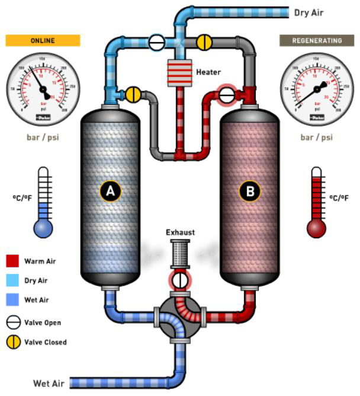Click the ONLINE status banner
(x=43, y=40)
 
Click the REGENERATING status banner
(x=316, y=40)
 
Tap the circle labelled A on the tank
(x=110, y=191)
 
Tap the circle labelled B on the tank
(x=249, y=191)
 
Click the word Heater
(x=208, y=72)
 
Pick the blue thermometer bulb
(x=43, y=228)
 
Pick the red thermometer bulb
(x=316, y=228)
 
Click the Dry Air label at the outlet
(x=308, y=12)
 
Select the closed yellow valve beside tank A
(x=133, y=94)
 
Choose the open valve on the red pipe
(x=226, y=94)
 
